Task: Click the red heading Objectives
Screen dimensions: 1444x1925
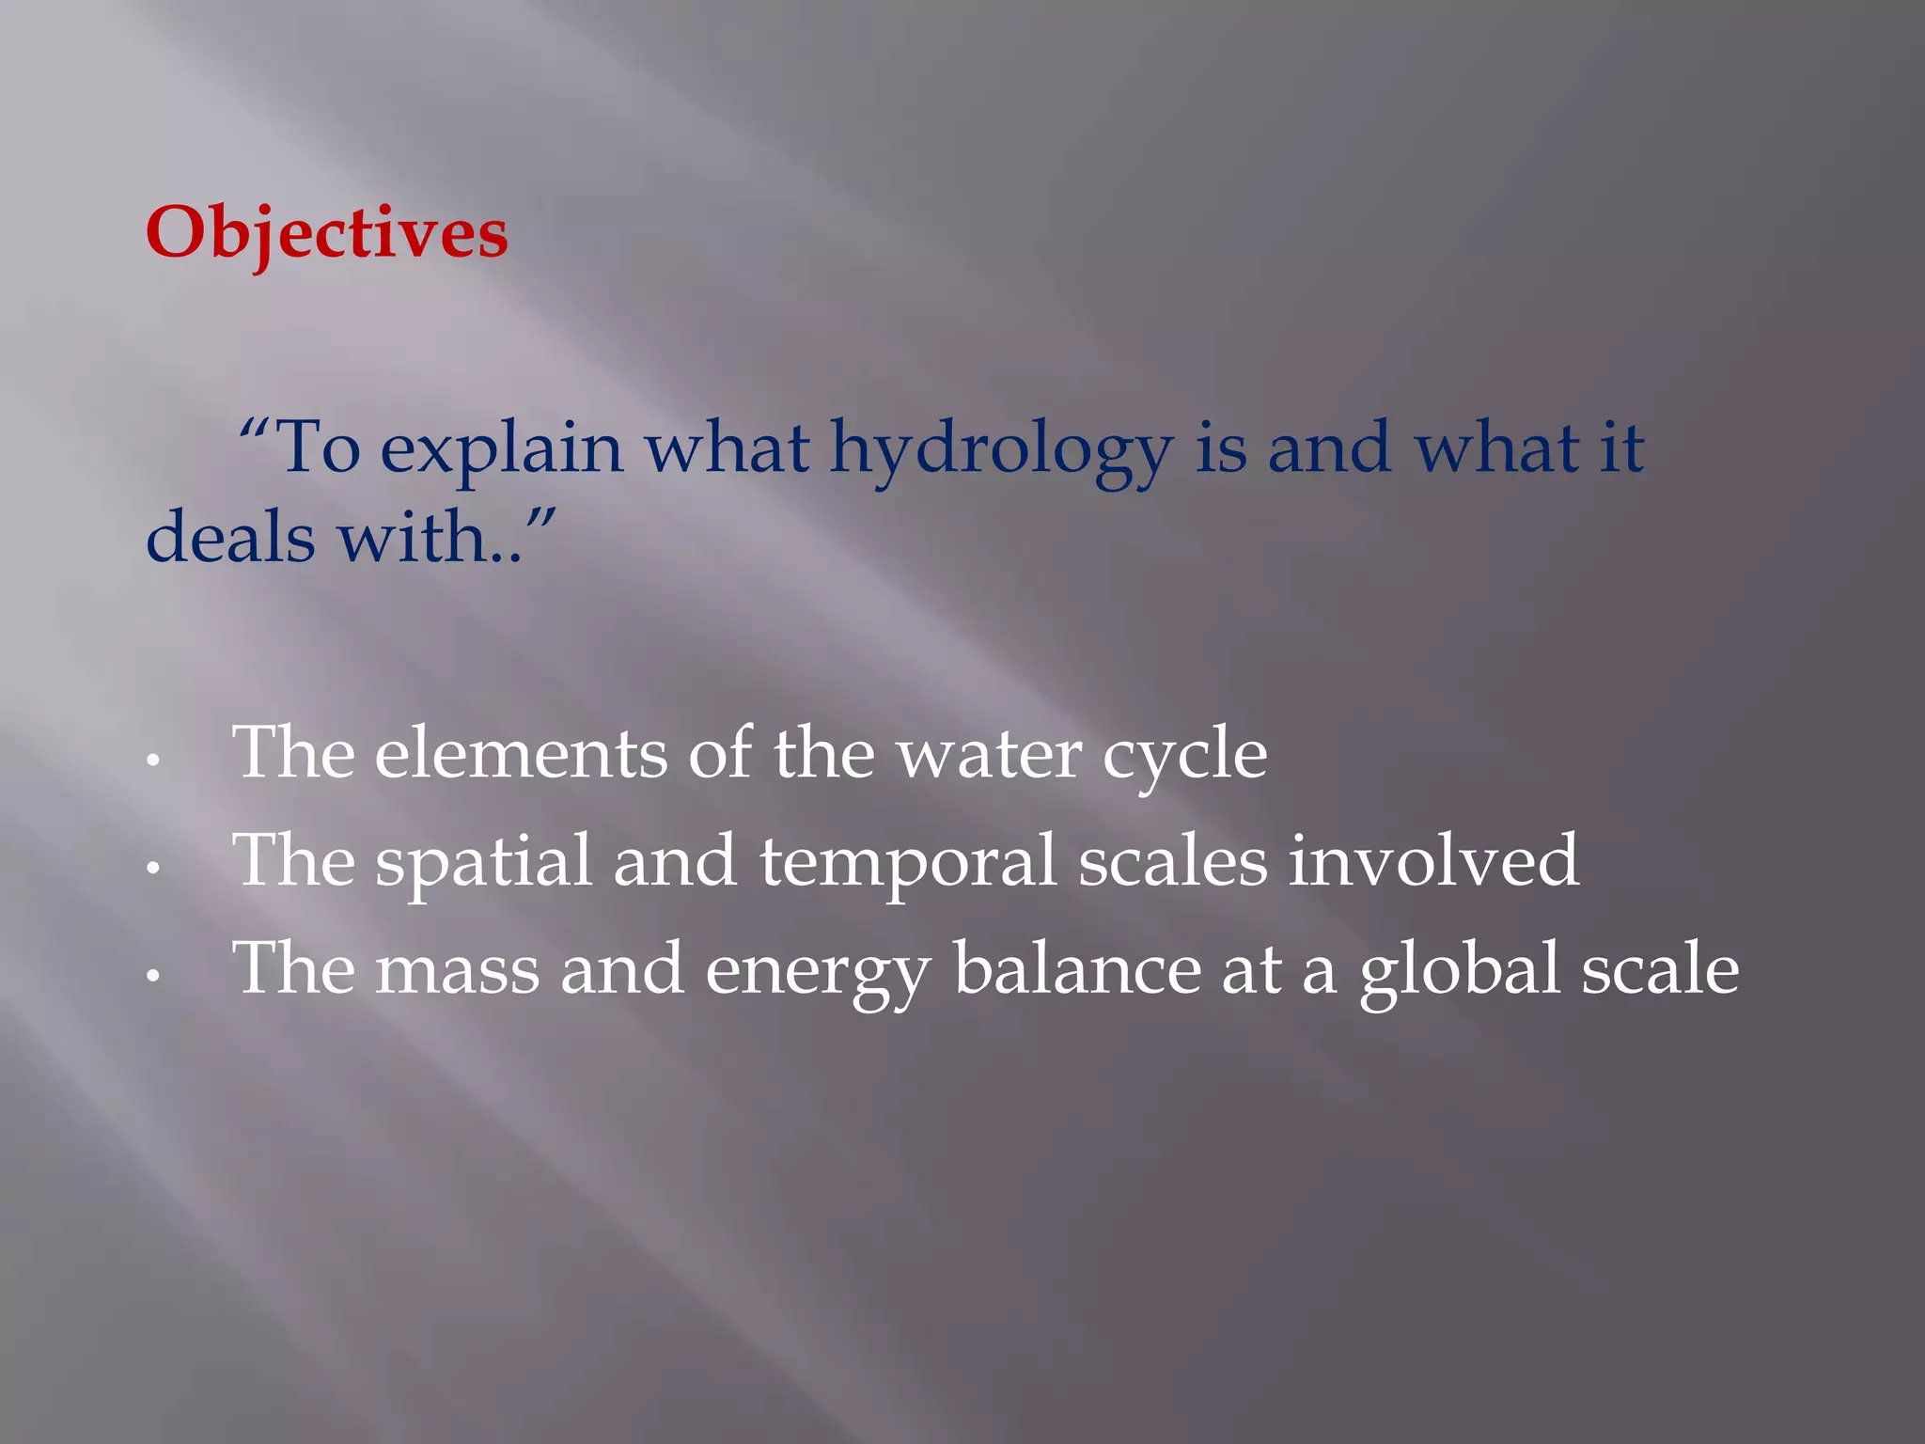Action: coord(326,233)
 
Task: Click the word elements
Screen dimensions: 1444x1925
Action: coord(521,754)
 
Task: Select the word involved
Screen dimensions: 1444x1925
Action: coord(1433,861)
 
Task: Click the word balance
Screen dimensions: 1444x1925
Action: coord(1077,968)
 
